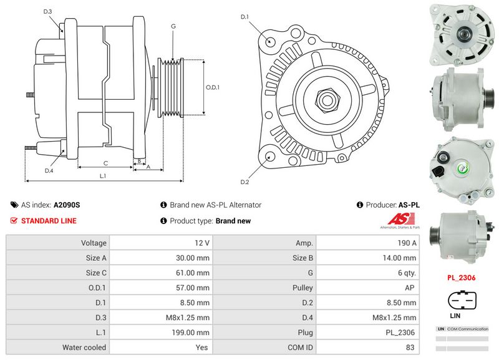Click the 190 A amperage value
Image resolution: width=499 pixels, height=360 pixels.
(407, 243)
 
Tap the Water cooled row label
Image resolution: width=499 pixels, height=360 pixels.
(84, 348)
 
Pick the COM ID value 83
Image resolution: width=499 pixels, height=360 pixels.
(410, 348)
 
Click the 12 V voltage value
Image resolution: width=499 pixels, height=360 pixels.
(202, 243)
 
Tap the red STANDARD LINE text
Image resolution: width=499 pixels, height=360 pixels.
(49, 221)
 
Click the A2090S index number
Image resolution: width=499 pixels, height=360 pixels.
(67, 205)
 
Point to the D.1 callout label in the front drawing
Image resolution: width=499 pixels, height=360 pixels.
(245, 17)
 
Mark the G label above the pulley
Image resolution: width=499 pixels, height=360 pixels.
(173, 26)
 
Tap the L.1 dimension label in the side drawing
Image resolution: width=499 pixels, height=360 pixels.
(103, 176)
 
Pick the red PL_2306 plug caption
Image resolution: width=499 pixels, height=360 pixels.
(461, 278)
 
